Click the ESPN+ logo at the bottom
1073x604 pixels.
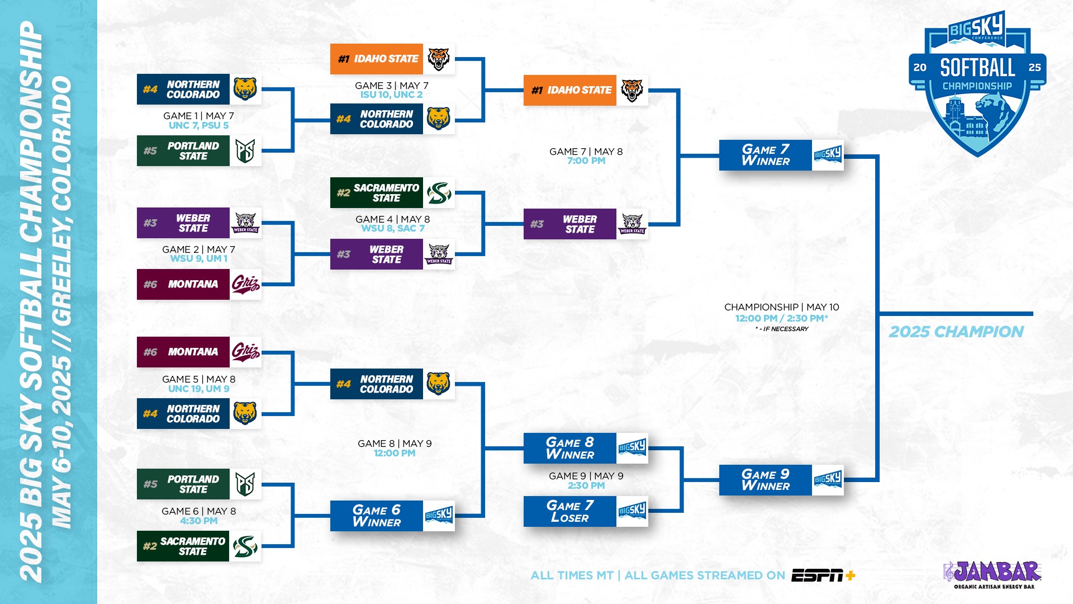[x=823, y=575]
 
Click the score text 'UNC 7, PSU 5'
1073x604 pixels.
[x=198, y=125]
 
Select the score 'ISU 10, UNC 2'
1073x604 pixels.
[x=391, y=95]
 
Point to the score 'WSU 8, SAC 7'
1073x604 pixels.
[x=393, y=228]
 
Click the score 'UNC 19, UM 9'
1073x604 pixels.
[x=198, y=389]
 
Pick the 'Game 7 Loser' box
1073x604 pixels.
[x=585, y=512]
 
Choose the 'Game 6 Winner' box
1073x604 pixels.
[x=392, y=516]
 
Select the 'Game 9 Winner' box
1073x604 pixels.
[x=781, y=480]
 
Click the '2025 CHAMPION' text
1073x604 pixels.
[x=956, y=332]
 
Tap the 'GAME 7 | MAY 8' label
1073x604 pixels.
[x=586, y=152]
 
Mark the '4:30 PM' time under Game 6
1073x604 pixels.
[x=198, y=521]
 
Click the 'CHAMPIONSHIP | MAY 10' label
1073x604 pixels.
[x=781, y=307]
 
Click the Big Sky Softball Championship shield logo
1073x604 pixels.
[x=977, y=84]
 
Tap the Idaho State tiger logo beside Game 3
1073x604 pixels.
[x=439, y=59]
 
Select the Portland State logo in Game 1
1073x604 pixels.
[x=245, y=151]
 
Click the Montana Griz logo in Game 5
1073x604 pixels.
[x=245, y=352]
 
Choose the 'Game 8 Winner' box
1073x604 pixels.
[x=585, y=448]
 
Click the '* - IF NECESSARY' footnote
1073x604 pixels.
[x=781, y=329]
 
